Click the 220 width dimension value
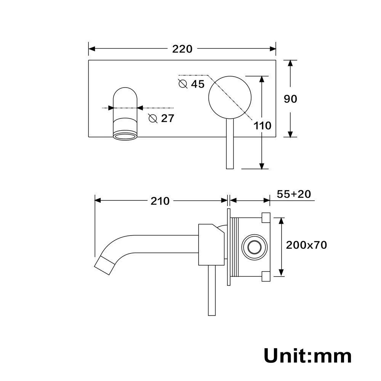coord(182,49)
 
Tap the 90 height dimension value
coord(290,99)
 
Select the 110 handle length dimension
coord(263,125)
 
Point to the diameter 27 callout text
coord(162,118)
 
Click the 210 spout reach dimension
coord(160,201)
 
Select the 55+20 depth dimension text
coord(294,194)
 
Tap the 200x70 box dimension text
coord(306,245)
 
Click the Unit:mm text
coord(307,356)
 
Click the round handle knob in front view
coord(230,96)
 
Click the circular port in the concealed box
coord(253,247)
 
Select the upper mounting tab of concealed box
coord(266,218)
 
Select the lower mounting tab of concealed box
coord(266,276)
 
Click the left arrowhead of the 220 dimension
coord(92,49)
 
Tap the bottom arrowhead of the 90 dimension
coord(290,134)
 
